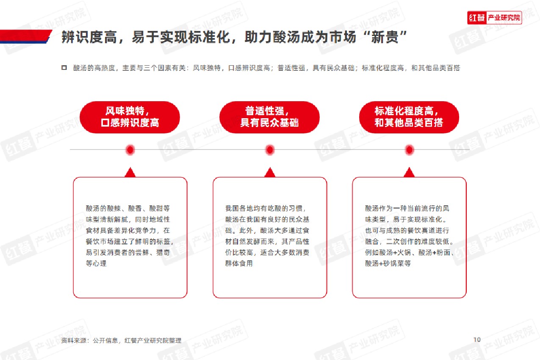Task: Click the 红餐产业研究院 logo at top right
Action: click(494, 18)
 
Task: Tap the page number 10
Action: click(477, 340)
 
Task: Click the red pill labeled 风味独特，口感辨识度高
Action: click(130, 117)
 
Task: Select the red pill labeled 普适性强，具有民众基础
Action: click(269, 117)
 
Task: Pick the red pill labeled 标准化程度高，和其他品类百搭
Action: click(409, 117)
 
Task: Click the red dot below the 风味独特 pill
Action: click(130, 150)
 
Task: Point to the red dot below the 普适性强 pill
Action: click(270, 150)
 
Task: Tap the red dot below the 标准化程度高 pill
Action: click(409, 150)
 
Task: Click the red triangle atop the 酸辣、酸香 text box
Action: click(130, 172)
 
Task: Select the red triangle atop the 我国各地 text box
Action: click(270, 172)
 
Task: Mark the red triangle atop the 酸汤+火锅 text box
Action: click(409, 172)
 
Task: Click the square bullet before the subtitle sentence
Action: click(64, 68)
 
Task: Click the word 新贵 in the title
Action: click(385, 37)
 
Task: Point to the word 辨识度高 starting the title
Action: click(89, 37)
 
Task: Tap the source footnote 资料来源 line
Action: click(121, 341)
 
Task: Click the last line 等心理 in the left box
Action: click(96, 263)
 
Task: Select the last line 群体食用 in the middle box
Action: click(239, 263)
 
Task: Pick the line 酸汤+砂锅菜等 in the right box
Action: click(388, 263)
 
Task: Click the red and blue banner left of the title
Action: click(26, 36)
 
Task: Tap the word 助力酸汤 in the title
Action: click(273, 37)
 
